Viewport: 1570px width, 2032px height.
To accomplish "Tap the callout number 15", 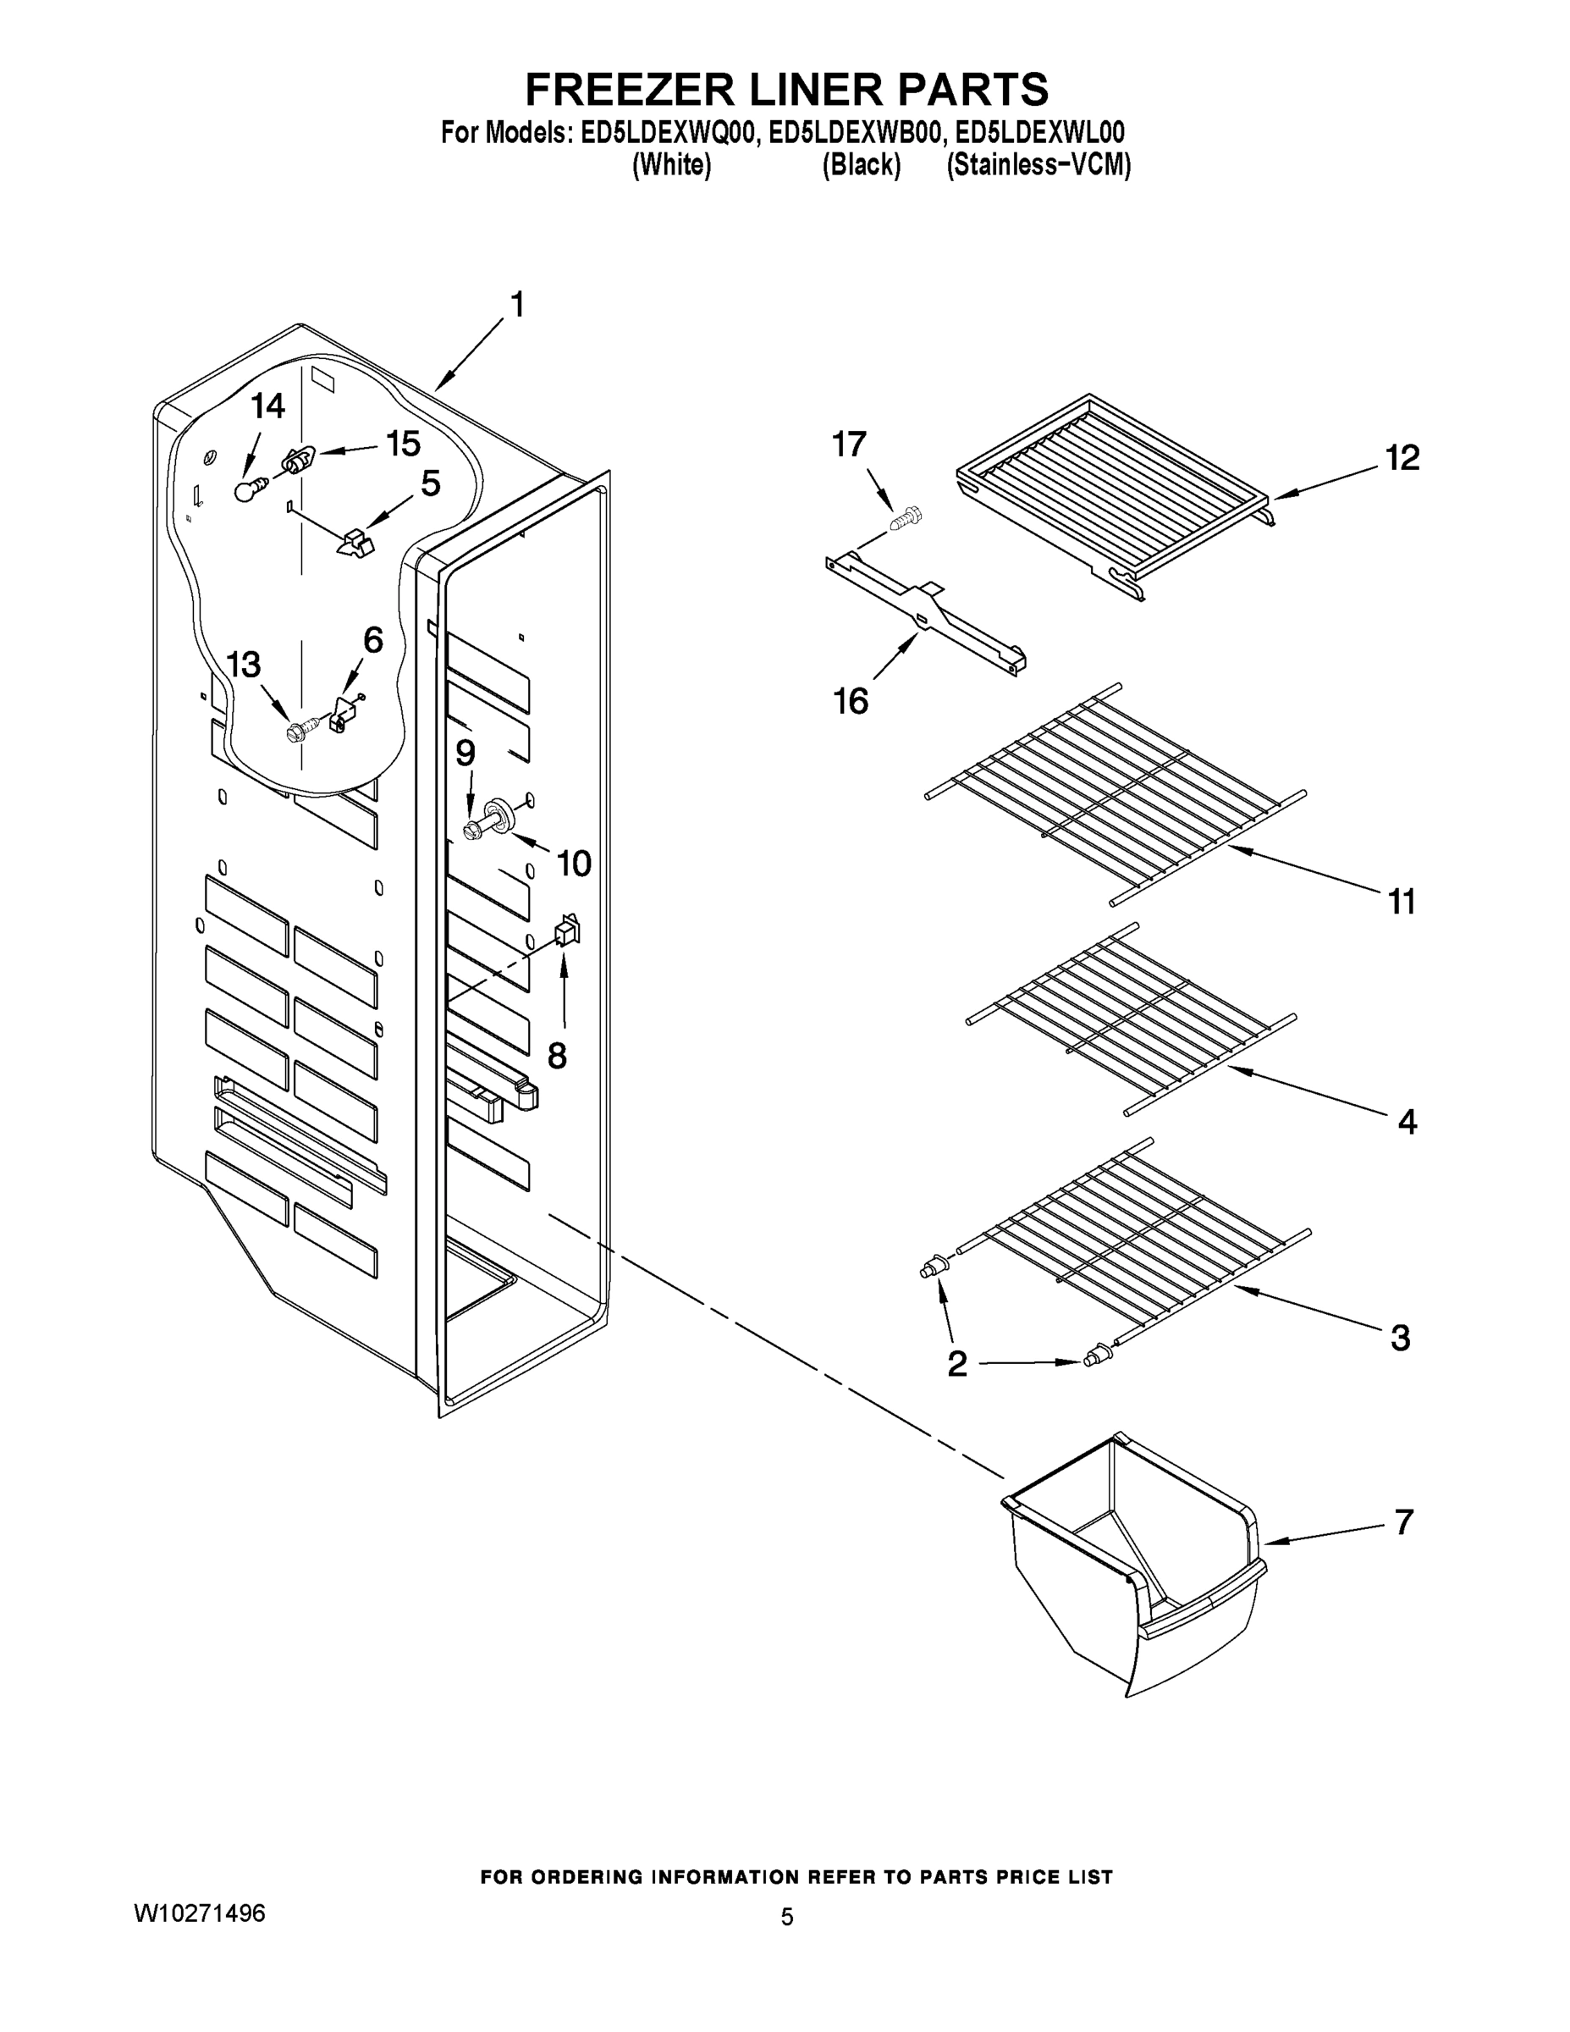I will [x=403, y=444].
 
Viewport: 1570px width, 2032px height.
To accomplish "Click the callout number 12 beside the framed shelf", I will [x=1402, y=458].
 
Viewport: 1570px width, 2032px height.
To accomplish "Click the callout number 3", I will [x=1400, y=1338].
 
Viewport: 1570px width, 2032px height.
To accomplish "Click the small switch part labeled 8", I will [x=566, y=930].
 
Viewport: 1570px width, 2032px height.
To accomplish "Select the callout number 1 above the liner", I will [x=517, y=305].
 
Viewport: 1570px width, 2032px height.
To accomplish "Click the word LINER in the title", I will [x=811, y=89].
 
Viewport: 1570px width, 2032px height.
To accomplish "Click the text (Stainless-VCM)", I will [x=1038, y=166].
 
